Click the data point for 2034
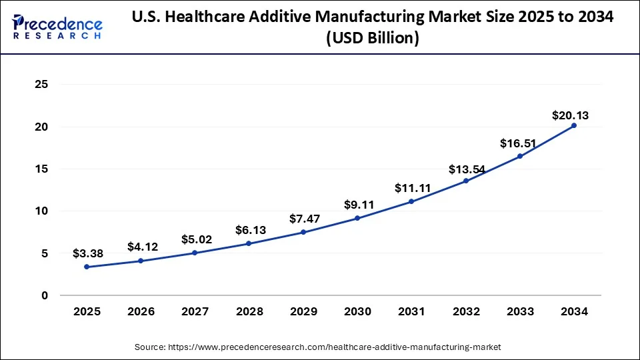coord(574,125)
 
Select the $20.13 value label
coord(570,116)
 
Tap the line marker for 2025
coord(87,267)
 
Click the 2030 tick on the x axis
coord(357,311)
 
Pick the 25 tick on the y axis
coord(41,85)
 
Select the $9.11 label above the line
coord(357,205)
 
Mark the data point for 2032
coord(466,181)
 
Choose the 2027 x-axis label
coord(195,311)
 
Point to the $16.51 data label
coord(516,143)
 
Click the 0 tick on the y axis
coord(45,295)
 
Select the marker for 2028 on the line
coord(249,243)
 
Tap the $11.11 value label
coord(411,188)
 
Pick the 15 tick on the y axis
coord(41,169)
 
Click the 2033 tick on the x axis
coord(520,311)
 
